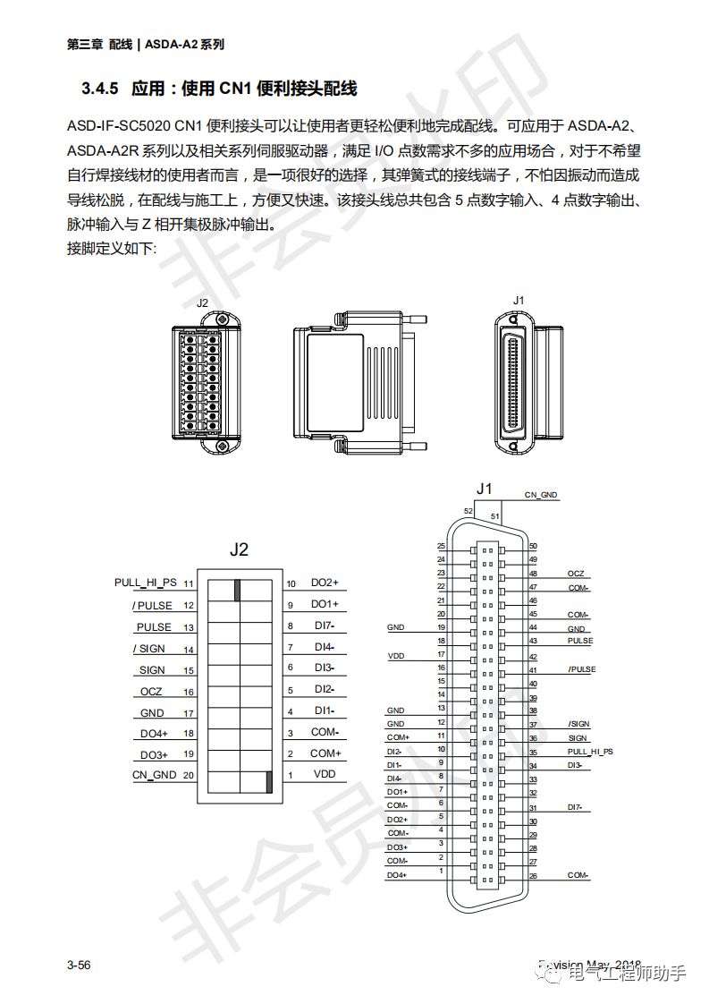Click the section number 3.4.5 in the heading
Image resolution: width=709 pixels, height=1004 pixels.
tap(99, 89)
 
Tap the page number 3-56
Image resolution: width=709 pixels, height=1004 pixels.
tap(79, 965)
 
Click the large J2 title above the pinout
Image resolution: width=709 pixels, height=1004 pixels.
tap(239, 549)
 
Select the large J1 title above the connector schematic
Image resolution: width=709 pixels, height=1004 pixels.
tap(485, 489)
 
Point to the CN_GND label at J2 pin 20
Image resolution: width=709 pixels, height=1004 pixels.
tap(155, 774)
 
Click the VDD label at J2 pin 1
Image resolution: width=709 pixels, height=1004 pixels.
tap(324, 774)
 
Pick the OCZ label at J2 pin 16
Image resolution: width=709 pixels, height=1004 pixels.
tap(151, 692)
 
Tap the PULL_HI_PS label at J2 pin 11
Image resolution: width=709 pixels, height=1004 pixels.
tap(146, 583)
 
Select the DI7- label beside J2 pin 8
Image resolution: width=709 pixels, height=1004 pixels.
tap(325, 626)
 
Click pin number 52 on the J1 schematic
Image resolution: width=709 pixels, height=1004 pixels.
tap(468, 511)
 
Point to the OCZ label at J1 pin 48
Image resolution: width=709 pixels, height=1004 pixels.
tap(576, 573)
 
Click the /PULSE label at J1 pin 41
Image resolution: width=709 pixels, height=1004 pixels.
tap(581, 669)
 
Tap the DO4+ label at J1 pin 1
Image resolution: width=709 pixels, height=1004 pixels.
tap(397, 875)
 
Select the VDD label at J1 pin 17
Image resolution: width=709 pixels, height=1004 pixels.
tap(395, 656)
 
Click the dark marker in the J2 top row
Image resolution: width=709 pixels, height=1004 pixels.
tap(238, 590)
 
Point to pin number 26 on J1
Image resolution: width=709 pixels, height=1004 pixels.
tap(533, 875)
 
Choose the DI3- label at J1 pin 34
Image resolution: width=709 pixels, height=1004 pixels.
tap(575, 765)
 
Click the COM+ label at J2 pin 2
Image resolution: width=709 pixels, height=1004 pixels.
tap(325, 753)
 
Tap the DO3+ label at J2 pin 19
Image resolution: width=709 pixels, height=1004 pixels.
tap(154, 754)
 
